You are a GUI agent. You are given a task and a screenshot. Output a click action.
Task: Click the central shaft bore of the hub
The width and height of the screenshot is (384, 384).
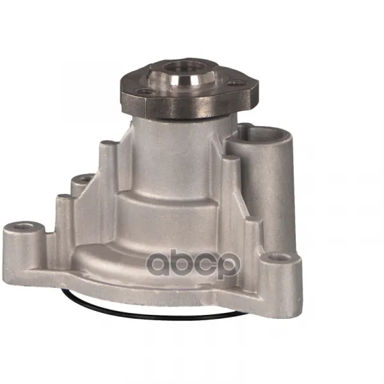coord(184,67)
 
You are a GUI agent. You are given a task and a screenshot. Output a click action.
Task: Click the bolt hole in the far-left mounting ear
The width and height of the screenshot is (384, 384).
coord(24,227)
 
